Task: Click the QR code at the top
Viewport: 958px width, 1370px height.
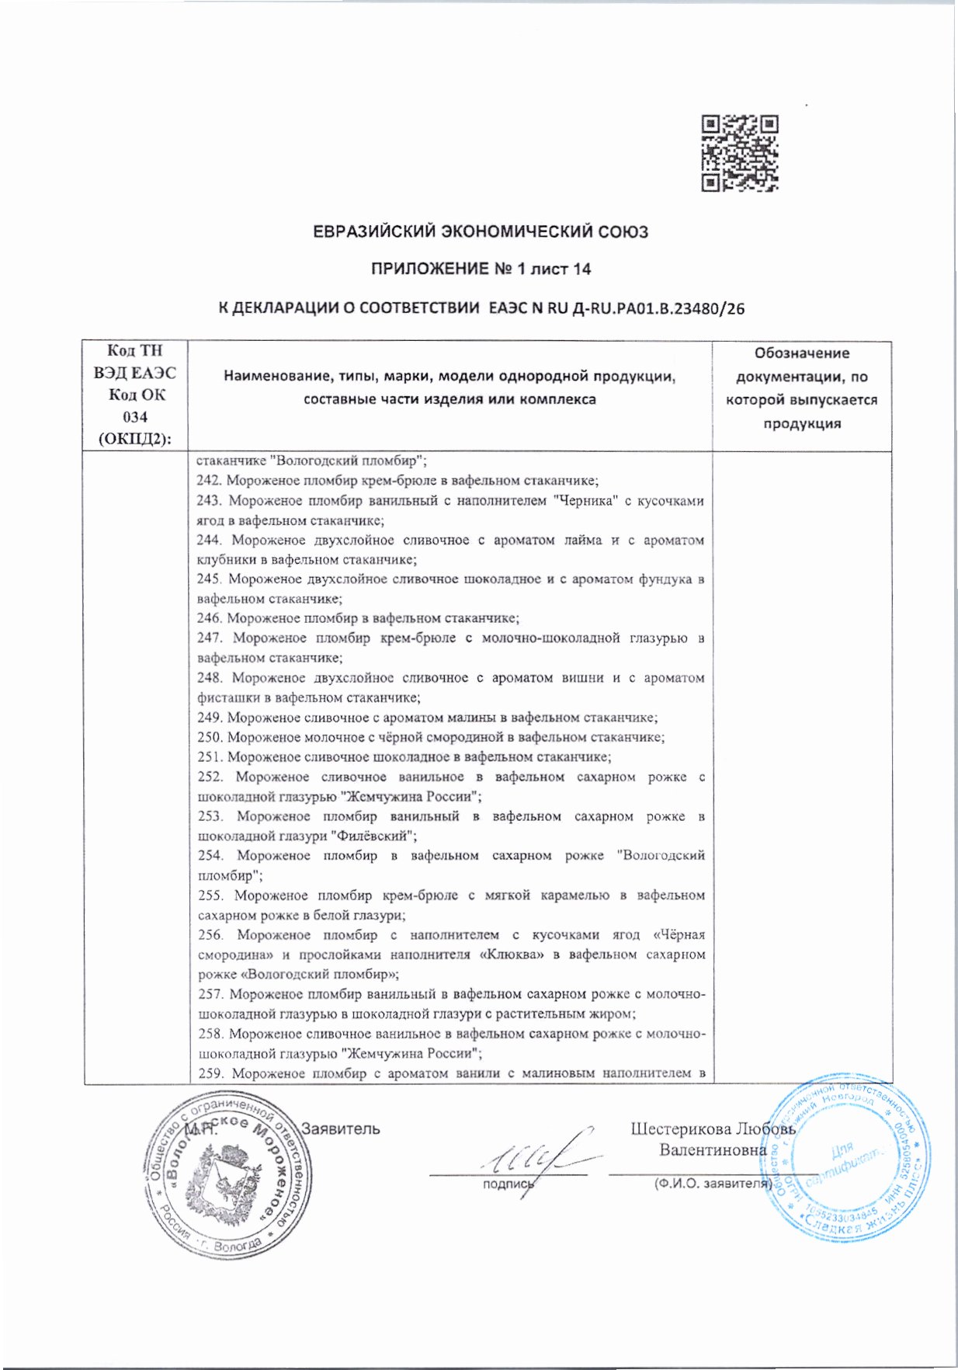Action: (x=739, y=153)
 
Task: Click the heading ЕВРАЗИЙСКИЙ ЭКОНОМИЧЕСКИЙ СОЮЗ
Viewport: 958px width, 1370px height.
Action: (x=480, y=232)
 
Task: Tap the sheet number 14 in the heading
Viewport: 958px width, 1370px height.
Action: (x=581, y=269)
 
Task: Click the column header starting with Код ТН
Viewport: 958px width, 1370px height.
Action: (x=135, y=395)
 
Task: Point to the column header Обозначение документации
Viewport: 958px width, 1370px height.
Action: (x=801, y=388)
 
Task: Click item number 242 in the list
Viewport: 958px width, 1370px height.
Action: (x=209, y=481)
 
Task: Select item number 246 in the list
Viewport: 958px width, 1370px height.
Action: (x=210, y=619)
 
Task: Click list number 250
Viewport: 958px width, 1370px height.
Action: (x=210, y=737)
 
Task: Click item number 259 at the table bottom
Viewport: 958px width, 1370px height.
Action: (x=210, y=1073)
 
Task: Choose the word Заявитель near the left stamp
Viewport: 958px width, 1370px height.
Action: (x=341, y=1128)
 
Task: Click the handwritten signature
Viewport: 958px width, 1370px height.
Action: (x=532, y=1157)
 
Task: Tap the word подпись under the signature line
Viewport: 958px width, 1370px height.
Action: (x=509, y=1185)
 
